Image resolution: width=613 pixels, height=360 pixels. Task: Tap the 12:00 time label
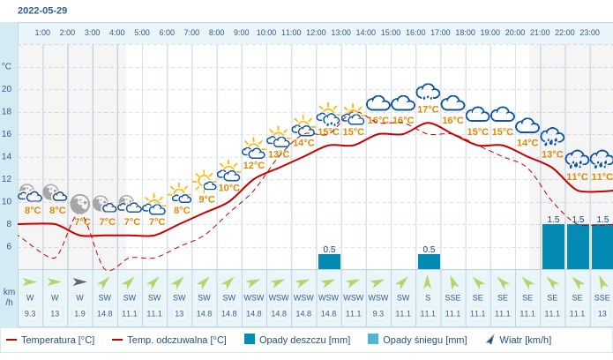click(x=316, y=33)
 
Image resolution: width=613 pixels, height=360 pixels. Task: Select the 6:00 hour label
click(x=167, y=33)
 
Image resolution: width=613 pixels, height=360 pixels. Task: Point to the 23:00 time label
click(x=589, y=33)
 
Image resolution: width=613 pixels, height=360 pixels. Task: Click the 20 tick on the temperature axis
click(x=7, y=88)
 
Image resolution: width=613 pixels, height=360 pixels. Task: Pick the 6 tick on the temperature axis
click(x=8, y=246)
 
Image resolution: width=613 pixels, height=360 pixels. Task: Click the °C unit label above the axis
click(x=7, y=66)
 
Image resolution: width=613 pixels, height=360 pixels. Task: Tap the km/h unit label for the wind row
click(x=9, y=296)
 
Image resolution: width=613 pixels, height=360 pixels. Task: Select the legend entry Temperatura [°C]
click(x=51, y=340)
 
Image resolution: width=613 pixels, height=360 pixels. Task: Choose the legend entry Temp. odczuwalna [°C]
click(x=169, y=340)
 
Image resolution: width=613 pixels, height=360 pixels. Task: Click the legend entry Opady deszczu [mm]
click(x=297, y=340)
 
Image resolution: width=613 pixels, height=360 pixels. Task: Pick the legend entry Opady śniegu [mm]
click(x=417, y=340)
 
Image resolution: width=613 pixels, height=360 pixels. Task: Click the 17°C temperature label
click(x=428, y=109)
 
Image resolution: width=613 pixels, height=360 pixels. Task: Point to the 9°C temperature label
click(x=206, y=199)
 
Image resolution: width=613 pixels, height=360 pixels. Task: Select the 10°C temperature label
click(x=229, y=187)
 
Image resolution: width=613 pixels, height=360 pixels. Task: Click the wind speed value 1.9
click(x=79, y=313)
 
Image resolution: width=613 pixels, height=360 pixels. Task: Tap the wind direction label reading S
click(x=428, y=297)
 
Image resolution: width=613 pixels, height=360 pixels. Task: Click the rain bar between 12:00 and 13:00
click(x=329, y=261)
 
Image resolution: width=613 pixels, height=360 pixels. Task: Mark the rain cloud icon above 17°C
click(x=428, y=92)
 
